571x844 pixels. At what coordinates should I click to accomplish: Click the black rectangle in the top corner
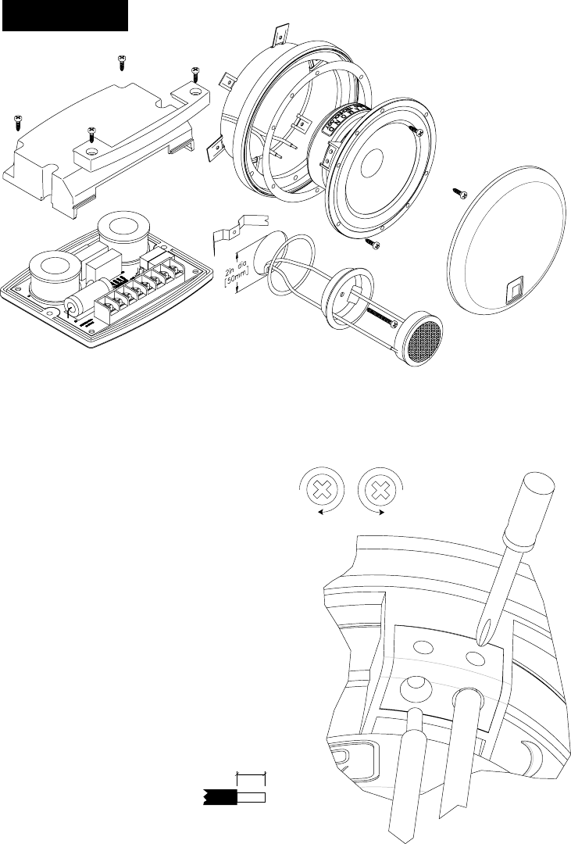(x=65, y=16)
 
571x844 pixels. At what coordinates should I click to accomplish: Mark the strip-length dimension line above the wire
(x=252, y=775)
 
